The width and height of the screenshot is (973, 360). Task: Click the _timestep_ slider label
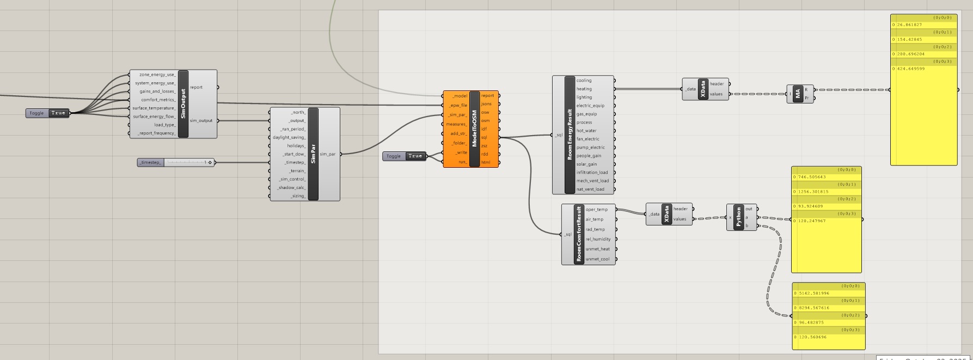[150, 162]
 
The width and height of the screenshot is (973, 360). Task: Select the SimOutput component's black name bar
[183, 104]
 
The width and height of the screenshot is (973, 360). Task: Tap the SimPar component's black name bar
[313, 154]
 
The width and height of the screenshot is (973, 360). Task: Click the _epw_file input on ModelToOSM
[457, 105]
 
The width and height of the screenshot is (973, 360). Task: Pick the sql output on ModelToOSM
[485, 138]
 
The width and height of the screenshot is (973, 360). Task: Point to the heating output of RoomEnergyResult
[584, 89]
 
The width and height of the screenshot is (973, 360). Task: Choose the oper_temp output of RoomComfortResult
[597, 210]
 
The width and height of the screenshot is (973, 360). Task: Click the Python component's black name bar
[738, 217]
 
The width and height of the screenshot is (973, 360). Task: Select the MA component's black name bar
[798, 94]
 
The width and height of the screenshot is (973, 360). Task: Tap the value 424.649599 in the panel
[910, 69]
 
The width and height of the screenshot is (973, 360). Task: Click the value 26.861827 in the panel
[909, 25]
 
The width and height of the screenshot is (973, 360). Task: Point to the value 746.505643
[812, 177]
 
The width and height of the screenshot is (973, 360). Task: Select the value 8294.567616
[814, 308]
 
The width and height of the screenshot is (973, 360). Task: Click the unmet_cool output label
[598, 259]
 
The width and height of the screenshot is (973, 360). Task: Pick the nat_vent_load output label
[590, 190]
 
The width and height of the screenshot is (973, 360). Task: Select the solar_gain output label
[586, 164]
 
